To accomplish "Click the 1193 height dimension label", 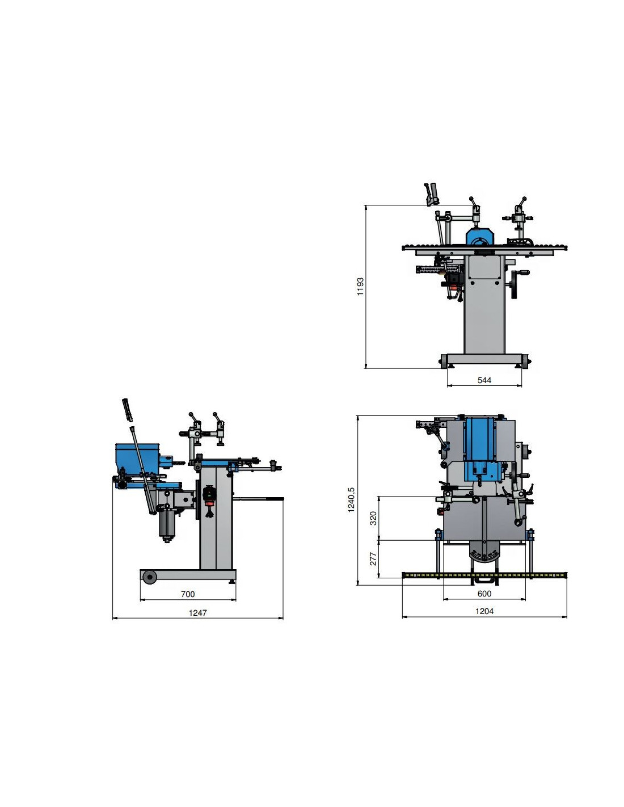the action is click(360, 287).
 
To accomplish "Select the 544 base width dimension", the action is click(484, 380).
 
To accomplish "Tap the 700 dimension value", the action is click(187, 594).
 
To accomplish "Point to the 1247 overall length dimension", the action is click(197, 612).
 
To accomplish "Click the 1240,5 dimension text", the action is click(351, 500).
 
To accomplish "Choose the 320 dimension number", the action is click(373, 518).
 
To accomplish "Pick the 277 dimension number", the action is click(373, 558).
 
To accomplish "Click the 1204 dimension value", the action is click(484, 611).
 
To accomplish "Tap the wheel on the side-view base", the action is click(150, 577).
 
